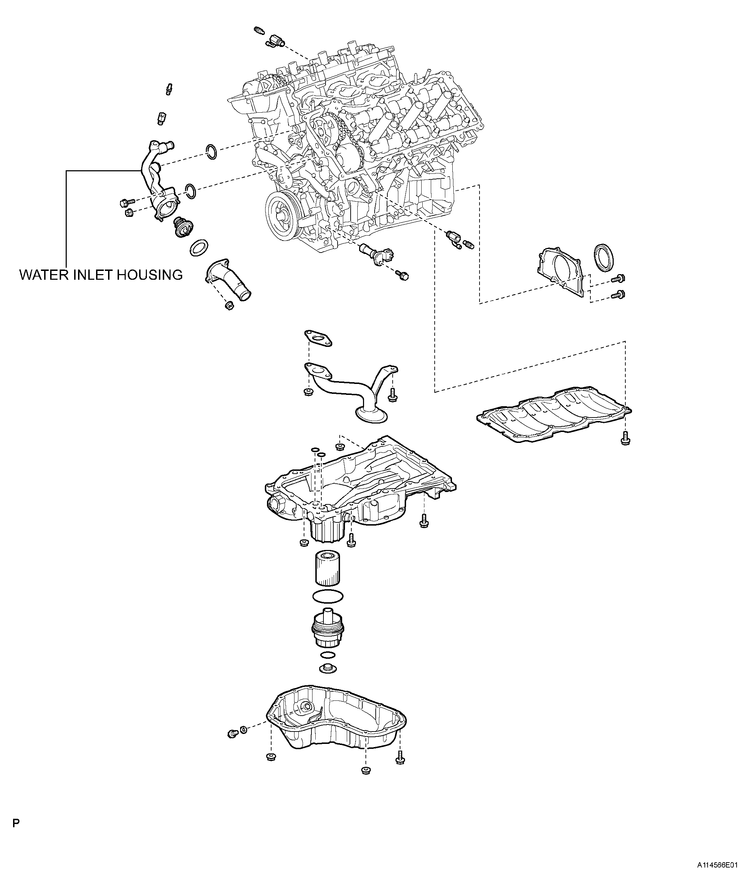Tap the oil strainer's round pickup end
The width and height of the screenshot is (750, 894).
(371, 413)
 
